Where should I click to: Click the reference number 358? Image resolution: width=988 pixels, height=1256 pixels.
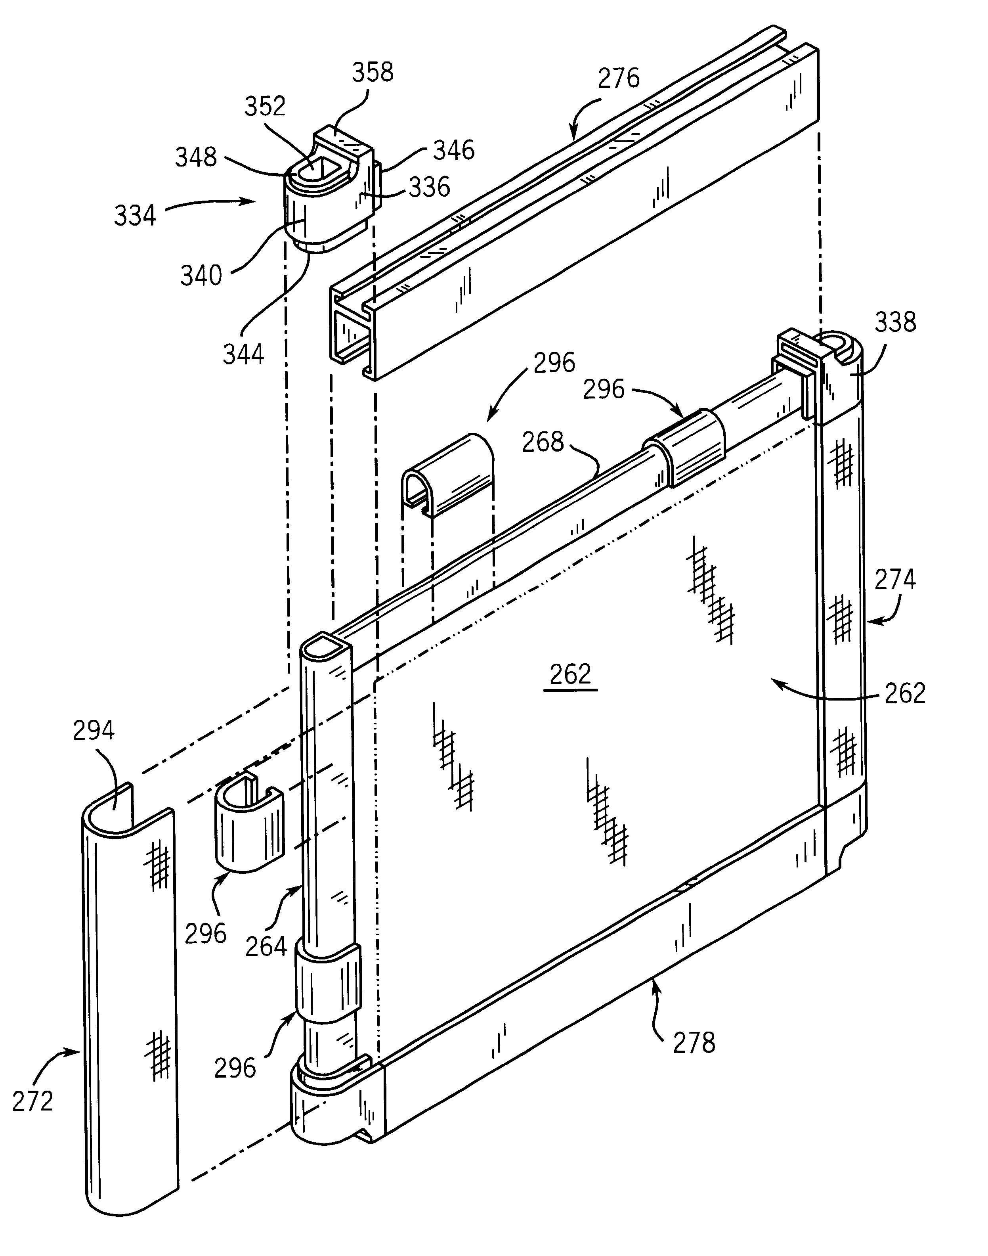click(373, 72)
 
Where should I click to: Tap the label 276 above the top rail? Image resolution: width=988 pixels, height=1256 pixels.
click(619, 78)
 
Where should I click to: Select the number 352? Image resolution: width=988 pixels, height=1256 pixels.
click(265, 106)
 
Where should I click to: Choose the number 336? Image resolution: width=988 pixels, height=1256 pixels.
click(429, 187)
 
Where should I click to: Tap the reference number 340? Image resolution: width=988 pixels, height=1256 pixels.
click(201, 276)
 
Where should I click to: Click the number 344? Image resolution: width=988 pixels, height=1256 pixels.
click(243, 354)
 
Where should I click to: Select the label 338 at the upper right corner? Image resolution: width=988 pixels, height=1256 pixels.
click(895, 322)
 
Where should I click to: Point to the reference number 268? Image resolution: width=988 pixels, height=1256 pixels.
click(543, 442)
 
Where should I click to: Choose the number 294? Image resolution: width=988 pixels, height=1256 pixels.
click(94, 731)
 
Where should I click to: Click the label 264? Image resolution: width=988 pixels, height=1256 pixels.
click(266, 946)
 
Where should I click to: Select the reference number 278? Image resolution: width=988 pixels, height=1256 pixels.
click(694, 1043)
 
